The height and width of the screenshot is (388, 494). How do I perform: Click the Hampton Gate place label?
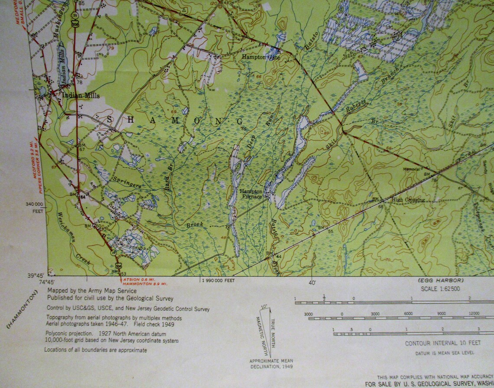point(261,57)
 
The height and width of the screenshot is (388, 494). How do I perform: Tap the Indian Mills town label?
point(81,96)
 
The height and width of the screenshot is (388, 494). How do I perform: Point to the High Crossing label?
point(408,200)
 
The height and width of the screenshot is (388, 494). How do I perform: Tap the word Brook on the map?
point(195,225)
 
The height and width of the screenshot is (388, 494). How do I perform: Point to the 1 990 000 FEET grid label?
point(218,281)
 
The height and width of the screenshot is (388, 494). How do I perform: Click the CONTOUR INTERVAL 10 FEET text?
point(443,343)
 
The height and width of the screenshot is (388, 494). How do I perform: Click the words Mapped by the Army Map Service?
point(92,291)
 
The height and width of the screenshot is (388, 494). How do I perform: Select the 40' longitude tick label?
point(312,283)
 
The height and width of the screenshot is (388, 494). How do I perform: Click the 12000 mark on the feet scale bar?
point(473,313)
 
